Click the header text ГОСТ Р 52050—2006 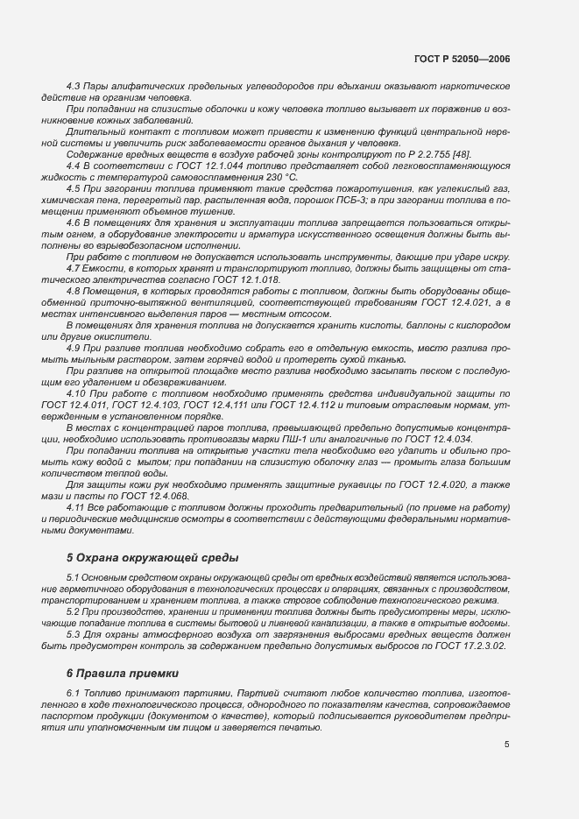[462, 59]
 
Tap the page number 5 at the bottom [507, 745]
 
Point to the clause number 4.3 [74, 87]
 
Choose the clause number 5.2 [74, 611]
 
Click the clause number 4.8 [74, 291]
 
